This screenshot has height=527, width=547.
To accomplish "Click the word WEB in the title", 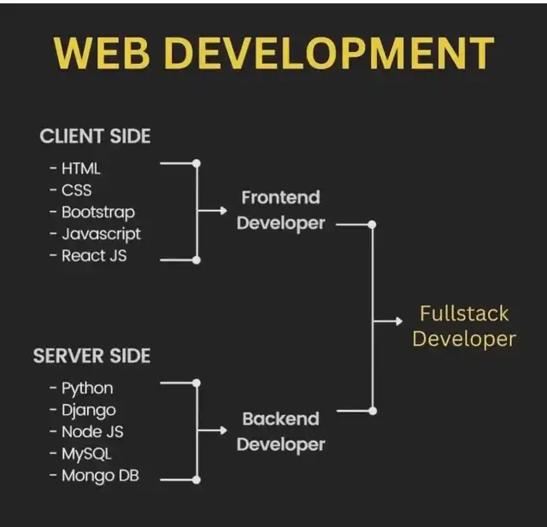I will [106, 52].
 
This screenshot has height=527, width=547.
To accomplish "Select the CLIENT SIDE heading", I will [95, 136].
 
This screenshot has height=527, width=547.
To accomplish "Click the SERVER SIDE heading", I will [92, 355].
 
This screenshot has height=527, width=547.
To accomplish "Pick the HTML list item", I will [80, 168].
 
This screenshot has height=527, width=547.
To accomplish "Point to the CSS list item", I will [76, 190].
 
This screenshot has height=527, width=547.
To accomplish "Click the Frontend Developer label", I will [280, 210].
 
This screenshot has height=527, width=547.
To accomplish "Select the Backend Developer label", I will [280, 431].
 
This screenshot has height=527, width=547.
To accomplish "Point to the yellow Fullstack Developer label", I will [464, 325].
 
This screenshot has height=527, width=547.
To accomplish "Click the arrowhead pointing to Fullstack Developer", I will [398, 322].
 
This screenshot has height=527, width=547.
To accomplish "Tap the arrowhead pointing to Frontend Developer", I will [223, 210].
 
